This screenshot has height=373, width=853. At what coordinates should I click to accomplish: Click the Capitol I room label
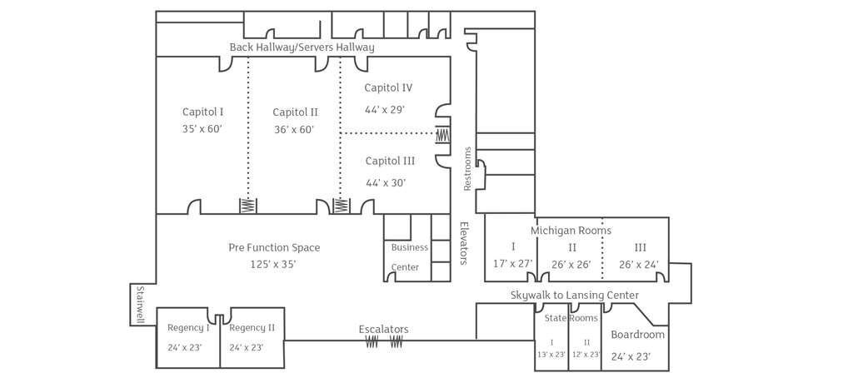click(x=203, y=112)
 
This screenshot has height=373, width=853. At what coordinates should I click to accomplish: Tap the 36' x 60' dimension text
click(x=294, y=130)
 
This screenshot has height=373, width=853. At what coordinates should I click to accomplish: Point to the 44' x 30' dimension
click(x=386, y=183)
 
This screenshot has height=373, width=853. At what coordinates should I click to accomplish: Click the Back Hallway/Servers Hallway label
click(x=302, y=47)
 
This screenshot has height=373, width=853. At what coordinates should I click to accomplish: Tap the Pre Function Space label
click(x=274, y=247)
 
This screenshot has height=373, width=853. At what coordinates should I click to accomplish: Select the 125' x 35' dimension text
click(x=273, y=265)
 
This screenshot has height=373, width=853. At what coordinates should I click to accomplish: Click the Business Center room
click(x=410, y=256)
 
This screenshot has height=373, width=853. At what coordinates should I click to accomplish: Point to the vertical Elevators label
click(x=464, y=243)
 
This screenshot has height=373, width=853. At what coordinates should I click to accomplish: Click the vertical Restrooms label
click(x=467, y=168)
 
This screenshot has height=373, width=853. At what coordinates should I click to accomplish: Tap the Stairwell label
click(x=140, y=305)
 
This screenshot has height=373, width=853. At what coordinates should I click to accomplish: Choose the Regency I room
click(x=188, y=338)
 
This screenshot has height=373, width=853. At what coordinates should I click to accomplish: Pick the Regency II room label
click(x=252, y=328)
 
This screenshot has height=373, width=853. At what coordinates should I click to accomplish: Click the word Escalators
click(x=383, y=330)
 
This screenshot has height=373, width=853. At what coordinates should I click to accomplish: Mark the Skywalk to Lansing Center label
click(x=575, y=296)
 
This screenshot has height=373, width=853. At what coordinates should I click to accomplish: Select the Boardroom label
click(x=637, y=335)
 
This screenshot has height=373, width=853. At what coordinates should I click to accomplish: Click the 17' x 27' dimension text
click(x=513, y=264)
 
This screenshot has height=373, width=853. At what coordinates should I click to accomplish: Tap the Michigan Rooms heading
click(x=571, y=231)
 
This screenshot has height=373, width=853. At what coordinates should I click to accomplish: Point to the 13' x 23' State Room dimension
click(x=551, y=355)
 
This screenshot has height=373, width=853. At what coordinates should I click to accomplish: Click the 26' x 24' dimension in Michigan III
click(x=639, y=265)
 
